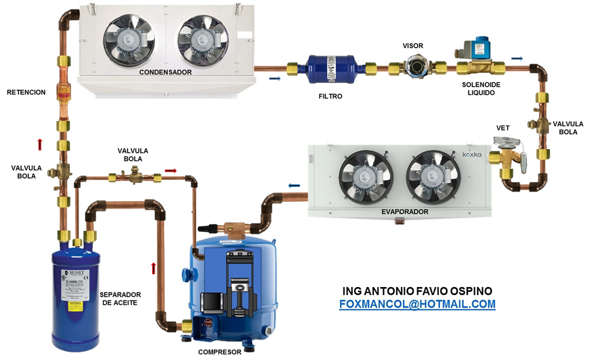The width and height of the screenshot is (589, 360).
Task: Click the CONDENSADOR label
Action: tap(165, 72)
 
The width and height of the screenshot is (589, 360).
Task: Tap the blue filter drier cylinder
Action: tap(330, 67)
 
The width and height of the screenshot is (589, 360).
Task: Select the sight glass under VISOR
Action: tap(414, 66)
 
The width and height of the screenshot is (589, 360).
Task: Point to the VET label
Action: tap(503, 128)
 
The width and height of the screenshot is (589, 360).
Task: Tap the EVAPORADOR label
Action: tap(405, 212)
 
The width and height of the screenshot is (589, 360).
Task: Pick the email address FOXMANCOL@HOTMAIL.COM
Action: tap(417, 304)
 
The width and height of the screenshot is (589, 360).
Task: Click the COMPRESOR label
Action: tap(219, 353)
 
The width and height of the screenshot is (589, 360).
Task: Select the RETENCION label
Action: tap(26, 92)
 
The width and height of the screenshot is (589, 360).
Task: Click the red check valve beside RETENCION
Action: tap(62, 92)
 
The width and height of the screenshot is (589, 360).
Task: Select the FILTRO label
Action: tap(330, 96)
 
